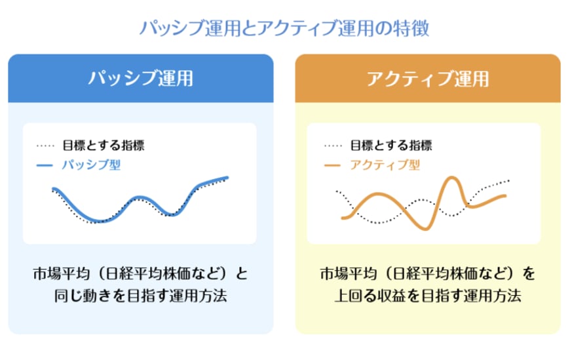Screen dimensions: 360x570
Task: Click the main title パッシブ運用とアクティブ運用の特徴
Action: point(284,28)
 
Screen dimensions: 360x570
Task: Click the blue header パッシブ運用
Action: point(140,79)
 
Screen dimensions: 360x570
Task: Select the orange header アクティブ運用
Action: point(427,79)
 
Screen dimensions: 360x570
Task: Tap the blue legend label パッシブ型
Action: point(91,165)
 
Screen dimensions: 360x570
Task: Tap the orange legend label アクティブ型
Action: point(385,165)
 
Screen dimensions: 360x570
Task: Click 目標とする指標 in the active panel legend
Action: point(390,146)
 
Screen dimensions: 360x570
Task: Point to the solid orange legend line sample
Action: point(332,166)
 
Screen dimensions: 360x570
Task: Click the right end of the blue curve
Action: point(227,177)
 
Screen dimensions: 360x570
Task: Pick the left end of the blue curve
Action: point(53,189)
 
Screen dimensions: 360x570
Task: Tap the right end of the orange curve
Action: point(505,195)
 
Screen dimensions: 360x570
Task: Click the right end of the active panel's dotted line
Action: point(508,180)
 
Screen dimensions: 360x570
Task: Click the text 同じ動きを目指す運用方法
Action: point(140,296)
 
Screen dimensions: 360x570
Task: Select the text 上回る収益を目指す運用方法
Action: point(427,296)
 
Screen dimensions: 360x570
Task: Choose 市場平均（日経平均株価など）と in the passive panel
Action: point(140,272)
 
